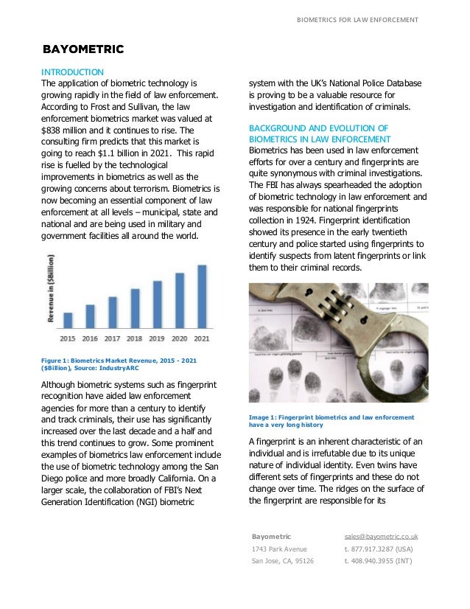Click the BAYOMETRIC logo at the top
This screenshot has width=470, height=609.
(x=83, y=50)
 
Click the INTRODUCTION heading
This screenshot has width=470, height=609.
(x=72, y=72)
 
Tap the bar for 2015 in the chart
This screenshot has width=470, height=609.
(x=68, y=319)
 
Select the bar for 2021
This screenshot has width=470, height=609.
(x=202, y=296)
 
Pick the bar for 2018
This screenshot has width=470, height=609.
(x=135, y=307)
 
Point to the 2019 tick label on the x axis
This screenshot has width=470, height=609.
(x=157, y=338)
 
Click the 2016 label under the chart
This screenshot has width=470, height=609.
(x=90, y=338)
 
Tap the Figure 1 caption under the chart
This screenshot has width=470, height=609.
(x=122, y=363)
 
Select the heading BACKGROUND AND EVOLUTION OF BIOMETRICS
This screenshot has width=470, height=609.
(x=320, y=133)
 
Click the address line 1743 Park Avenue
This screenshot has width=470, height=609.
(x=279, y=549)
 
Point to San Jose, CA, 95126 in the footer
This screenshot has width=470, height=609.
(x=282, y=561)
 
